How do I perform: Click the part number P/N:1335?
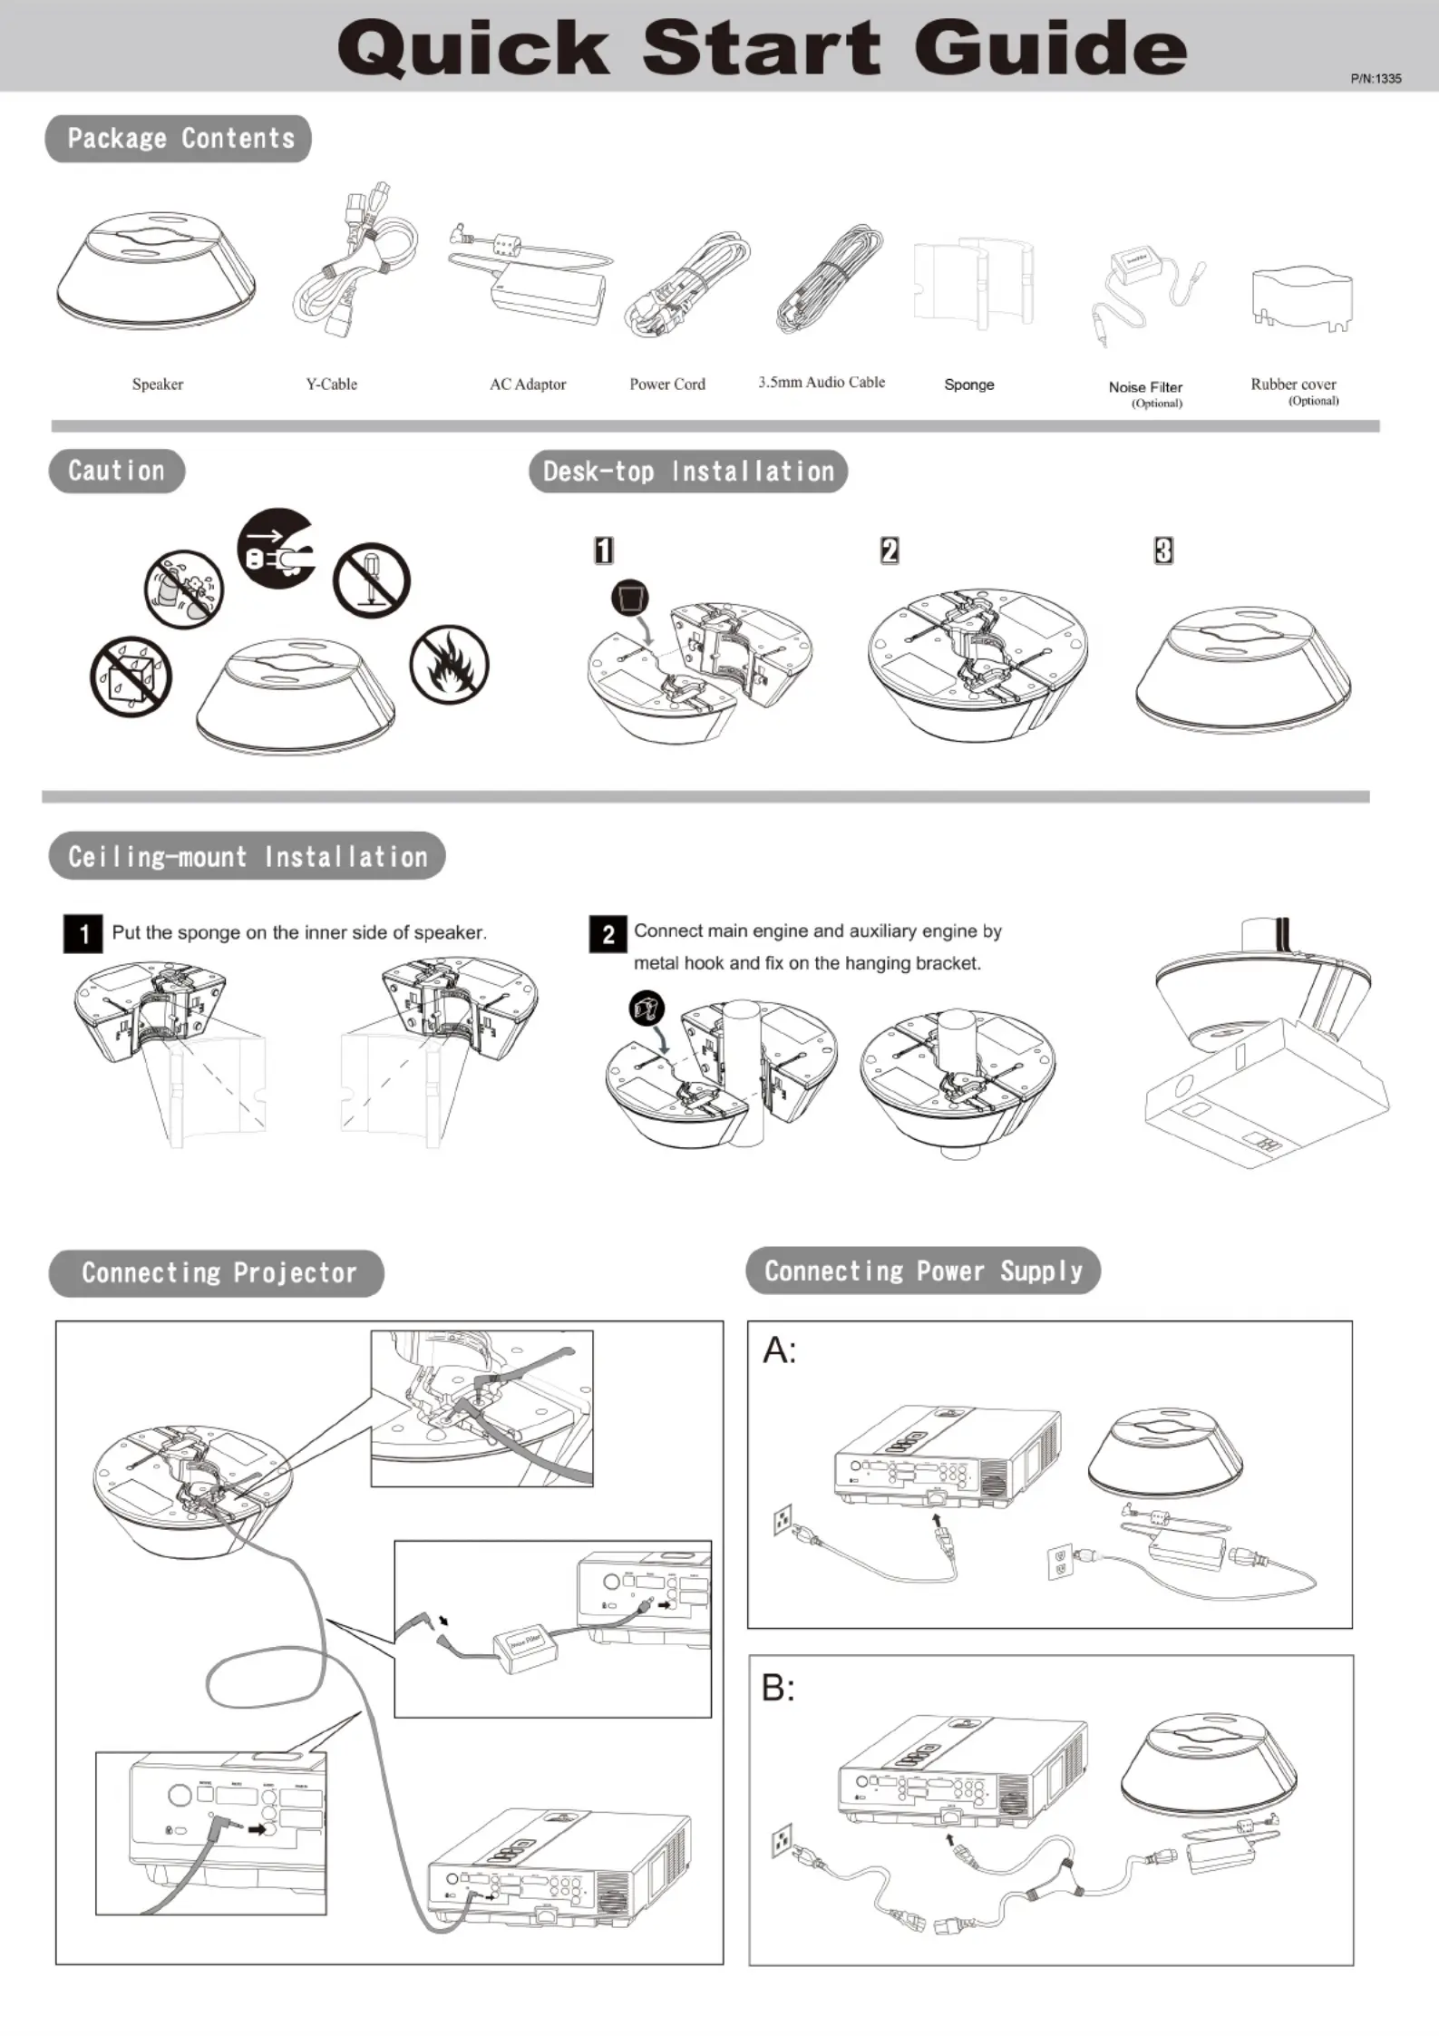(1375, 79)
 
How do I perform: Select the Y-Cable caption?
(331, 385)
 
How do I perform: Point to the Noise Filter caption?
(1145, 387)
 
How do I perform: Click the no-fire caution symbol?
(449, 665)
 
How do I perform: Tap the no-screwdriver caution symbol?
(371, 580)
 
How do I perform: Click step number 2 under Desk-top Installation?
(890, 550)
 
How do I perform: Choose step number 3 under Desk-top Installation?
(1163, 550)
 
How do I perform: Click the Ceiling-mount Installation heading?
(247, 856)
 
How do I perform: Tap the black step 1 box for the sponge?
(83, 934)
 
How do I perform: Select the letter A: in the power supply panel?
(779, 1351)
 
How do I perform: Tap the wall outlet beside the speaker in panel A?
(1059, 1561)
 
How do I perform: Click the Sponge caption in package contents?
(968, 385)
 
